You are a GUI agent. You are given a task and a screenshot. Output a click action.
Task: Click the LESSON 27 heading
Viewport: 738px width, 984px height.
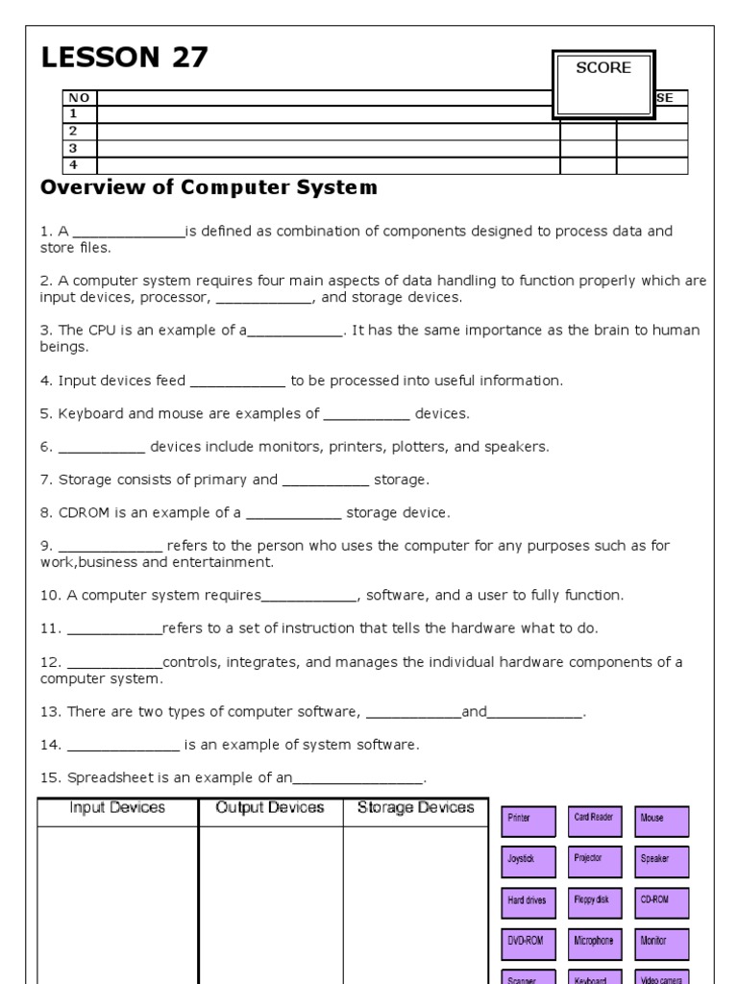(124, 60)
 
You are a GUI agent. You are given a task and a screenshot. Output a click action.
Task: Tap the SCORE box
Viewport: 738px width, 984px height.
(603, 85)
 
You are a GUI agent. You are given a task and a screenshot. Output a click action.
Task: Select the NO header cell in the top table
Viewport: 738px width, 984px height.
(79, 98)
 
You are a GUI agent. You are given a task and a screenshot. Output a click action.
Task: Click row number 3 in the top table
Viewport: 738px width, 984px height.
(73, 148)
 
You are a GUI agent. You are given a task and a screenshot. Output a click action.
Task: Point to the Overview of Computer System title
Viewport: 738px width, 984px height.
(209, 188)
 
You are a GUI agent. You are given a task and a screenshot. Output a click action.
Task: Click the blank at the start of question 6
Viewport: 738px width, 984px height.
(101, 447)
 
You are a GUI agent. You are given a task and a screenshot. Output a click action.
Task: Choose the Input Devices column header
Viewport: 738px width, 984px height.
(117, 808)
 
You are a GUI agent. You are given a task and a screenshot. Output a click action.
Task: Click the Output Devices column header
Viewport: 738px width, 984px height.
(270, 808)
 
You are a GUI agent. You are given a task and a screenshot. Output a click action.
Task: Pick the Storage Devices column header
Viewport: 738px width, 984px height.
(415, 808)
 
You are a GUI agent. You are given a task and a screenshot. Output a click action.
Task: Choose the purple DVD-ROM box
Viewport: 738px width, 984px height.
(528, 943)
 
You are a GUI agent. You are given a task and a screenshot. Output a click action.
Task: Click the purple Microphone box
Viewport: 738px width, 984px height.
(595, 943)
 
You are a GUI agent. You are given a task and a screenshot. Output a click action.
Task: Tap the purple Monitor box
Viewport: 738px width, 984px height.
(662, 943)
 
